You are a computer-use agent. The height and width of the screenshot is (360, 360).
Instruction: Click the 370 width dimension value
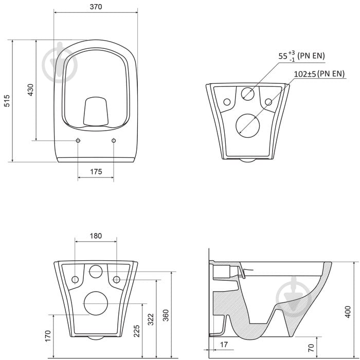(x=96, y=7)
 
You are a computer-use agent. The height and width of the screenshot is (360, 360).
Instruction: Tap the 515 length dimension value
(x=7, y=101)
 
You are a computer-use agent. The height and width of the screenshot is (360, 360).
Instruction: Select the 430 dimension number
(x=30, y=90)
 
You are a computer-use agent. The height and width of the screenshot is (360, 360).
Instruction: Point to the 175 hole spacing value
(x=96, y=171)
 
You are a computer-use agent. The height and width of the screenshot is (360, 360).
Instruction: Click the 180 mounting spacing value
(x=96, y=236)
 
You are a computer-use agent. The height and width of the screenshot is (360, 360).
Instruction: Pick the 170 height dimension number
(x=48, y=336)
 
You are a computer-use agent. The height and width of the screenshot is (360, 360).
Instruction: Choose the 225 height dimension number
(x=137, y=331)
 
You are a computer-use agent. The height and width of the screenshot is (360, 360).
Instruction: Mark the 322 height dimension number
(x=151, y=319)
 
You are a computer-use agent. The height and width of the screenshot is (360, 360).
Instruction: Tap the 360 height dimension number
(x=166, y=315)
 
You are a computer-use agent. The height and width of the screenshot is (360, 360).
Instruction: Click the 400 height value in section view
(x=348, y=312)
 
